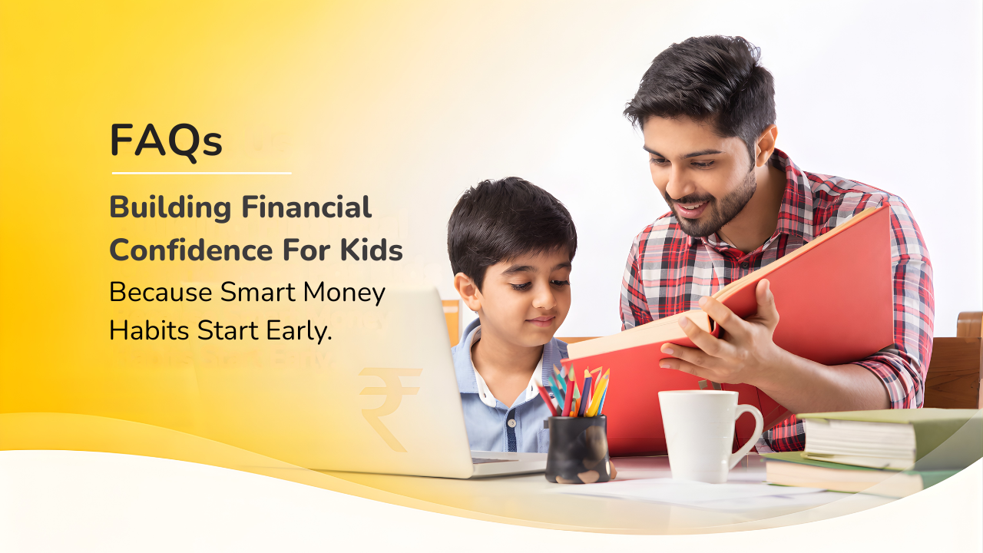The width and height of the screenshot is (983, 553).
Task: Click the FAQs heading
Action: (x=166, y=141)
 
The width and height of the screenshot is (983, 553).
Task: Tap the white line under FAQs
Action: (x=201, y=173)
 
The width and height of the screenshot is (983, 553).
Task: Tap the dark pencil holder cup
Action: (x=576, y=449)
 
